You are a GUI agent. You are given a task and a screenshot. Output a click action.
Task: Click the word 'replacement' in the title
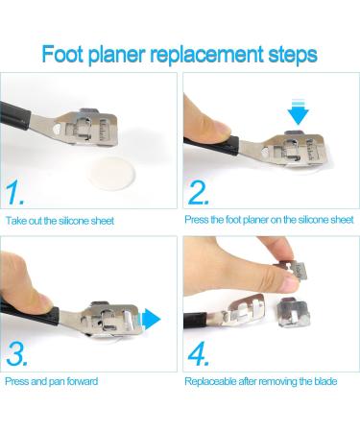pos(206,55)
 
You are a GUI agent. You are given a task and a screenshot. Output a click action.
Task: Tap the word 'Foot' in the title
pos(62,54)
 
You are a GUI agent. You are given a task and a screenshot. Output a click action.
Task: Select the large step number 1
pos(14,192)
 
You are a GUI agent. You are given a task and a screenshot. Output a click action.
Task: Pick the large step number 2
pos(199,192)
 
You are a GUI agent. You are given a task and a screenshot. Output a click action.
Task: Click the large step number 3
pos(16,354)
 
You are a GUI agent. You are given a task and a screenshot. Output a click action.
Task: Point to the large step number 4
pos(199,354)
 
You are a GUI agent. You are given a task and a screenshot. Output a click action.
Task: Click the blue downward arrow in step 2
pos(298,111)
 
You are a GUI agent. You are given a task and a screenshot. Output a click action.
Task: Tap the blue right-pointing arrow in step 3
pos(151,319)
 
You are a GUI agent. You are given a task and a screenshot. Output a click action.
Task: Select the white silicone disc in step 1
pos(111,173)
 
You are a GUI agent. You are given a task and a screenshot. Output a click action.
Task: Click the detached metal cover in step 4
pos(293,312)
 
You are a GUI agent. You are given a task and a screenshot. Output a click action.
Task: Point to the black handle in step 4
pos(195,321)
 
